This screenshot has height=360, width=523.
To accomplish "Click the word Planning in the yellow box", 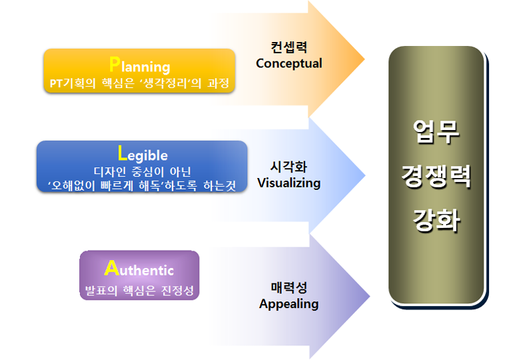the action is tap(139, 65).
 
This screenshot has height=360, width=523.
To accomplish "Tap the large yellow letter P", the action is tap(115, 64).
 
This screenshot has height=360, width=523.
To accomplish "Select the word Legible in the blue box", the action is tap(143, 154).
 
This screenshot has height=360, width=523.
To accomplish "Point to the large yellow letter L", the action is tap(123, 153).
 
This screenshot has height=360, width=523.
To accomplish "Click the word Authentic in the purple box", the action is tap(139, 268).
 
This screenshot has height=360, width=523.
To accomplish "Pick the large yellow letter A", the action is tap(111, 267).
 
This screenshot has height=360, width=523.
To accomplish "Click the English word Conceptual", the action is tap(289, 63).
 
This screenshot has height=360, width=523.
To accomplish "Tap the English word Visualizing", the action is tap(289, 183).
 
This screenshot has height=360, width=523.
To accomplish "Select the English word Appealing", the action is tap(289, 304).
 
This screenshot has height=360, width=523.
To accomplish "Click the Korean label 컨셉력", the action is tap(289, 47).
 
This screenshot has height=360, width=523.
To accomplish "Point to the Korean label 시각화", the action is tap(289, 167).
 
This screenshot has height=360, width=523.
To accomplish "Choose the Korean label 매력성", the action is tap(289, 287).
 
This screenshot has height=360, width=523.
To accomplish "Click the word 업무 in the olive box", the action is tap(436, 131).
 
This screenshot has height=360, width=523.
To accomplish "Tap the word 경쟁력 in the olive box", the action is tap(436, 176).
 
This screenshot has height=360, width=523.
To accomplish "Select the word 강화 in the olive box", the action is tap(436, 220).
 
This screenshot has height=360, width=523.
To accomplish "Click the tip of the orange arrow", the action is tap(364, 59).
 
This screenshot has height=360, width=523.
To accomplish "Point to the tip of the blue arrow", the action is tap(365, 175).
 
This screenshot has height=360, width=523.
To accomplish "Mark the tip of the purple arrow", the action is tap(370, 296).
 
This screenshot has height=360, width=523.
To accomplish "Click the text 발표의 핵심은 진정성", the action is tap(139, 290).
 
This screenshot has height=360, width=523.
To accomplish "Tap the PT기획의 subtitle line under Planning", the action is tap(139, 83).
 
